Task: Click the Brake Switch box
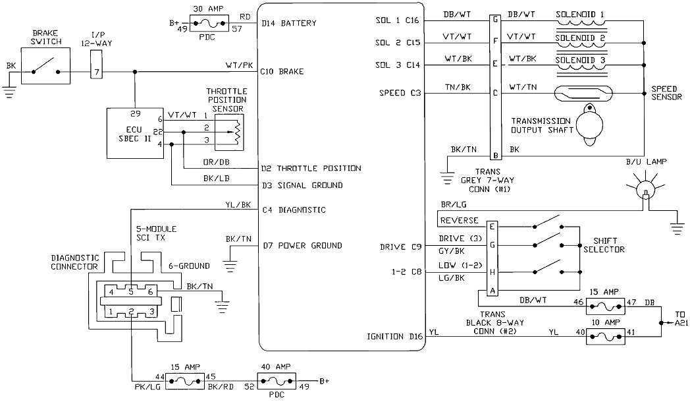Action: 45,71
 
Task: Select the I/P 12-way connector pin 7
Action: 97,71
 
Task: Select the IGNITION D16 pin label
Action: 394,337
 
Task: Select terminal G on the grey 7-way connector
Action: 494,20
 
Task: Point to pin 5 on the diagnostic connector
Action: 132,291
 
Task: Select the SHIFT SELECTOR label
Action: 604,245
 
